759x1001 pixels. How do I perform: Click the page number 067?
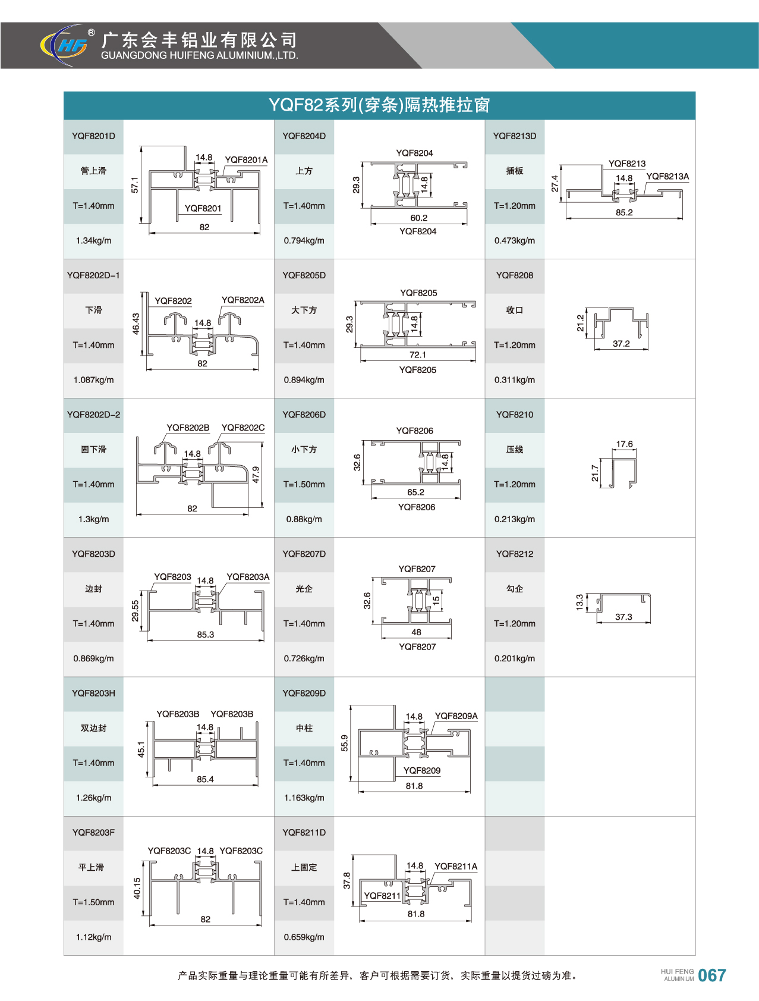point(712,975)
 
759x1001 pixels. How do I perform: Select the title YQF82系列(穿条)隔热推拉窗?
point(379,105)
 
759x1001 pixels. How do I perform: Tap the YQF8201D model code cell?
point(93,136)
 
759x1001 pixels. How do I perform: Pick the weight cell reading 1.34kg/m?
point(93,241)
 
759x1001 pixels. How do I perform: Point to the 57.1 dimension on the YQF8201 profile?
point(135,184)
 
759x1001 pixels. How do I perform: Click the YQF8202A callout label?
point(242,300)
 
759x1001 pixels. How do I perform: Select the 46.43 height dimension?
point(136,324)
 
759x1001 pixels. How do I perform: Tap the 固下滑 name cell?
point(93,450)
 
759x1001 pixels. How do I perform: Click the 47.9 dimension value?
point(256,475)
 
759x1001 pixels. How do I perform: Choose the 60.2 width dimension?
point(419,218)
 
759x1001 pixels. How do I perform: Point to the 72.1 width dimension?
point(418,355)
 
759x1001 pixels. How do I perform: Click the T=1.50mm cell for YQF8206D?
point(304,485)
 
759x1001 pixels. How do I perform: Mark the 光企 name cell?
point(304,589)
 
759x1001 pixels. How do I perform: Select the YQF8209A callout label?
point(456,716)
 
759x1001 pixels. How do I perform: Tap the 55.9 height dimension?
point(345,743)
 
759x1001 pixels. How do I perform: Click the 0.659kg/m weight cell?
point(304,937)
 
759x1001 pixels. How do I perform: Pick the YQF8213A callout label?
point(667,177)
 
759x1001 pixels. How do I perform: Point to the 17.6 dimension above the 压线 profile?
point(625,444)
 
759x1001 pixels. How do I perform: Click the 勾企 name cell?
point(515,589)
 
